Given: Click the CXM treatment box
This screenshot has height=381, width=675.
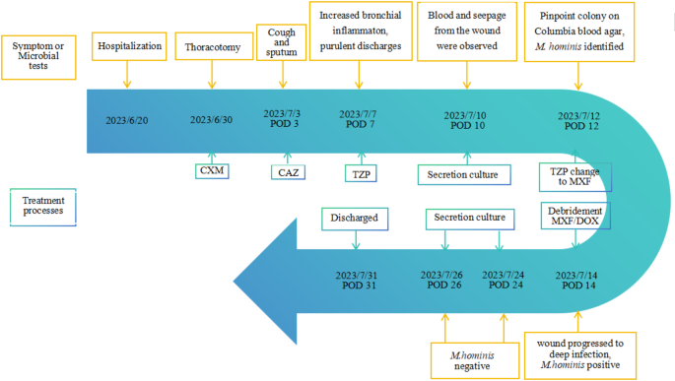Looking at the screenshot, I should pos(211,171).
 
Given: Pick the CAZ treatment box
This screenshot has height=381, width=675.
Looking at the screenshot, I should pos(287,172).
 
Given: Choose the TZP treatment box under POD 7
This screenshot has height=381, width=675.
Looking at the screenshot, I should pos(358,172).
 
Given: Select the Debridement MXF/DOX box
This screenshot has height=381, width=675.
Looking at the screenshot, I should pos(575,216).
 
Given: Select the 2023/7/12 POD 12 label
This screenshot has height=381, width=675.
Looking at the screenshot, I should pos(579,120).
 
